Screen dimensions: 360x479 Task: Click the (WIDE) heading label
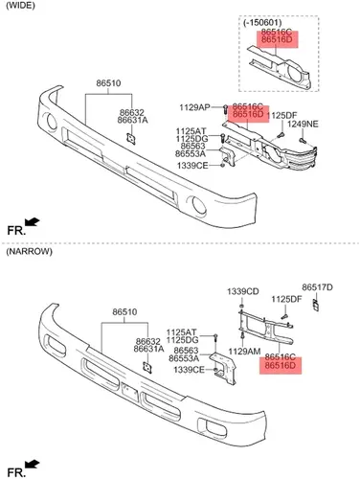click(x=20, y=6)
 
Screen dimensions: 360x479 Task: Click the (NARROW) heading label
click(x=29, y=251)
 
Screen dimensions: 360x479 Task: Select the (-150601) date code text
click(x=262, y=23)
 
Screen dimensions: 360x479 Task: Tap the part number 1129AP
click(x=194, y=107)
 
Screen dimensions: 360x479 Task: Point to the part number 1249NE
click(x=303, y=124)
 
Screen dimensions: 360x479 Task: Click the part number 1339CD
click(x=243, y=291)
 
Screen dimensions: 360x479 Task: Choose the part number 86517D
click(x=317, y=287)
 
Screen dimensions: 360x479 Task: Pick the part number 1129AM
click(x=245, y=352)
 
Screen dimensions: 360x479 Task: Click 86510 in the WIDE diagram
click(x=108, y=83)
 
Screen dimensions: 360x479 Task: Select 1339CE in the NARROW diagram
click(x=189, y=370)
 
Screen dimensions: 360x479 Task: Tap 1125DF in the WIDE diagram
click(x=281, y=115)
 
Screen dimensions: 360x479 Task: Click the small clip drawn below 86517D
click(x=315, y=306)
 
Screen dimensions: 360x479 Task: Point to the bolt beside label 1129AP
click(x=225, y=109)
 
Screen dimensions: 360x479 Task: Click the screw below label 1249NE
click(x=303, y=140)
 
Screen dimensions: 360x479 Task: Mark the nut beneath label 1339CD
click(x=241, y=301)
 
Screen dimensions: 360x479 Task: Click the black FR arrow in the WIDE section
click(x=32, y=221)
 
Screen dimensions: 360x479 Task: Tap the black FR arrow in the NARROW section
click(x=32, y=464)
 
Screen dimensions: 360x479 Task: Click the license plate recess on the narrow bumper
click(x=130, y=392)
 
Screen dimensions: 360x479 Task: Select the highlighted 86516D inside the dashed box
click(x=277, y=40)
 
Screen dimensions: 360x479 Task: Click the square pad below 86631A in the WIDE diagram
click(x=131, y=139)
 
